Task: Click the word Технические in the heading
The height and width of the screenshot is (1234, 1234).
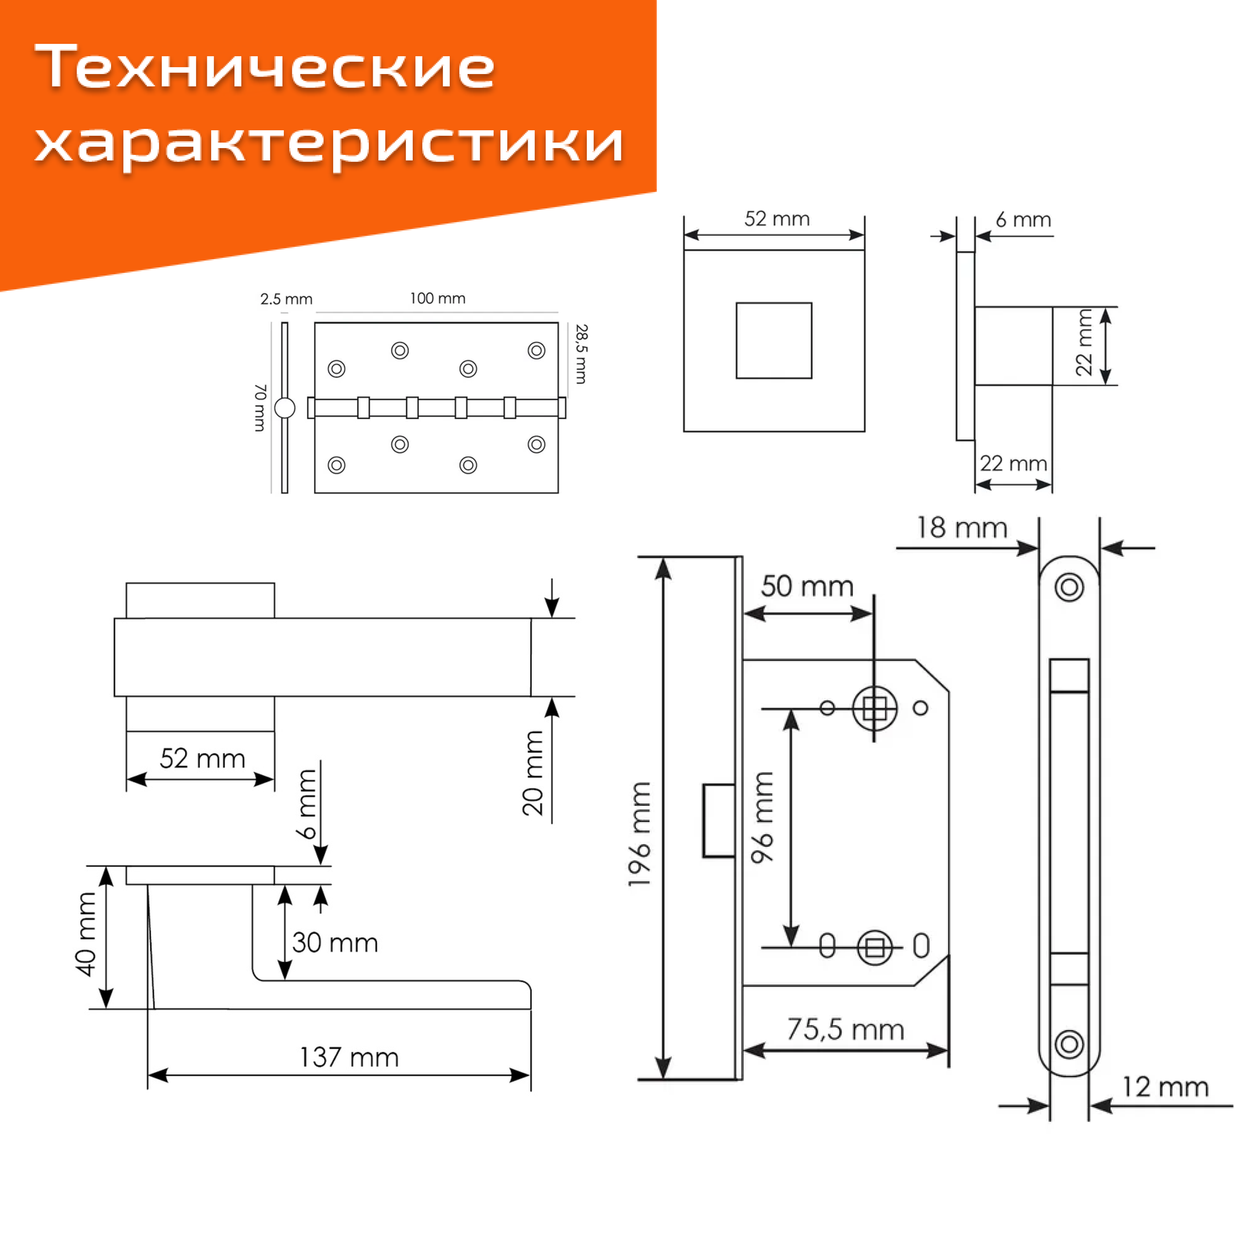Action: coord(265,68)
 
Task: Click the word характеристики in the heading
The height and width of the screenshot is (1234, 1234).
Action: coord(329,143)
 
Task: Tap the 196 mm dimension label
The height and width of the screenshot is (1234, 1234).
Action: coord(639,834)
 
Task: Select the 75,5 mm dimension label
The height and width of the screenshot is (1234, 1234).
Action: coord(845,1029)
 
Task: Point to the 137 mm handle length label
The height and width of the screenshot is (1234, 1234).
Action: coord(349,1057)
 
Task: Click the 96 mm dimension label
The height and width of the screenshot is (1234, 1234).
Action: coord(763,818)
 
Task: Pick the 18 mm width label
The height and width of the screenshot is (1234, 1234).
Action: coord(962,528)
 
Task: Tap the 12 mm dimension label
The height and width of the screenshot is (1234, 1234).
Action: coord(1166,1087)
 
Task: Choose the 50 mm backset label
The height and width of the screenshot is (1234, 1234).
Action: coord(807,586)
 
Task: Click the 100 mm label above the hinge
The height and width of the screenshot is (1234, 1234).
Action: coord(437,298)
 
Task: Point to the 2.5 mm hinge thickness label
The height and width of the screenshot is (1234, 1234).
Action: coord(286,299)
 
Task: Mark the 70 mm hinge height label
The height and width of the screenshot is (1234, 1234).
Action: coord(260,407)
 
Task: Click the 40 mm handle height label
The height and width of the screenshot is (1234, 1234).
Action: coord(86,934)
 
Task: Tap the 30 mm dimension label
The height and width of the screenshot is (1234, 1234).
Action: coord(335,943)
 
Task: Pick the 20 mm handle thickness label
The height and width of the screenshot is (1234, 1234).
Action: coord(532,773)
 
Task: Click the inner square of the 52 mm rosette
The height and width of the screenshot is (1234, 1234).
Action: coord(774,341)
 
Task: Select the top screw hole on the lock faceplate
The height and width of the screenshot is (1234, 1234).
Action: coord(1069,587)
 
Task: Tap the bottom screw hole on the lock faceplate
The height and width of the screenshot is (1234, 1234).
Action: coord(1069,1045)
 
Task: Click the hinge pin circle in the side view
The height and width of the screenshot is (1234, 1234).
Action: coord(285,407)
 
